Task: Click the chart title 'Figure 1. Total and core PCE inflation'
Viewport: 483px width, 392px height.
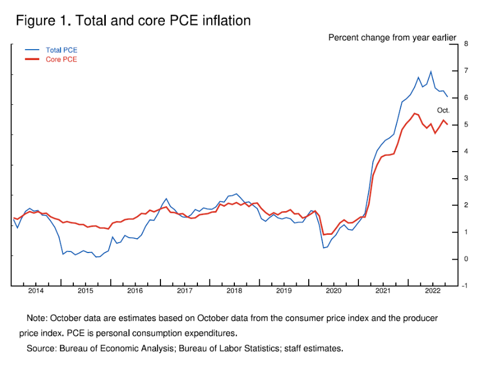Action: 133,21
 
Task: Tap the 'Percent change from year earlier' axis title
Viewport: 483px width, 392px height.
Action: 392,38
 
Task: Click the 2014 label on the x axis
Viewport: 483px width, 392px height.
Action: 36,291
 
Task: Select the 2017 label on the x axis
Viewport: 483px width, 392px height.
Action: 185,291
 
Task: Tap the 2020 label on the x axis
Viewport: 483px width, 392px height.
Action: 334,291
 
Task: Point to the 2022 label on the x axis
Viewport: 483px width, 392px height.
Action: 433,291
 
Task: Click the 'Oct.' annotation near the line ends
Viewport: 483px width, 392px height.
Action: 443,110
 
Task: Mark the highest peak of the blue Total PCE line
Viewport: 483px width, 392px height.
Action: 431,71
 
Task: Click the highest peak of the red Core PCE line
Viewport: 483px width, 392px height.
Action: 414,113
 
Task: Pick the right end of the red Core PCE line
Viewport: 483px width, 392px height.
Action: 447,124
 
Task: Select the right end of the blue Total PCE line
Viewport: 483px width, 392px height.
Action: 447,96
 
